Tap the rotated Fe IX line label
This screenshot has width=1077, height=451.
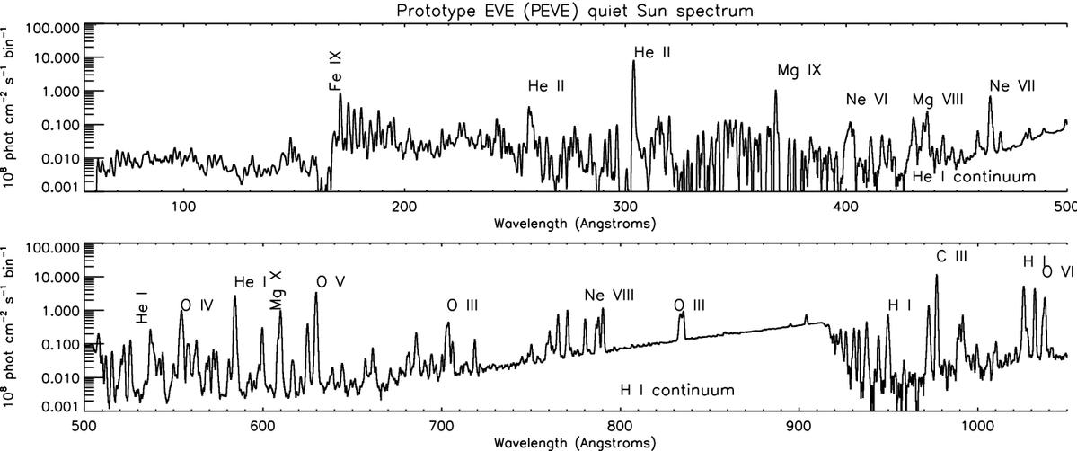(x=335, y=72)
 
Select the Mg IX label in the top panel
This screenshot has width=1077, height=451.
(x=799, y=70)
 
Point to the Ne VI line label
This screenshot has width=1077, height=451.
(x=866, y=100)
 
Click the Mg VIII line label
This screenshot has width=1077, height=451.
(x=937, y=100)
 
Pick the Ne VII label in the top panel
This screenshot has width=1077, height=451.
(x=1012, y=86)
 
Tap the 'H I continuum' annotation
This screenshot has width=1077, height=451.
(x=677, y=391)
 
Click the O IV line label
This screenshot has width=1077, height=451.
(x=196, y=305)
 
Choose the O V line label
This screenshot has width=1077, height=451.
(x=330, y=281)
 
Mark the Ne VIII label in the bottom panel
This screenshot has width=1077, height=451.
(x=607, y=296)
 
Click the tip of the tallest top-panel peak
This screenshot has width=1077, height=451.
(x=633, y=61)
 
